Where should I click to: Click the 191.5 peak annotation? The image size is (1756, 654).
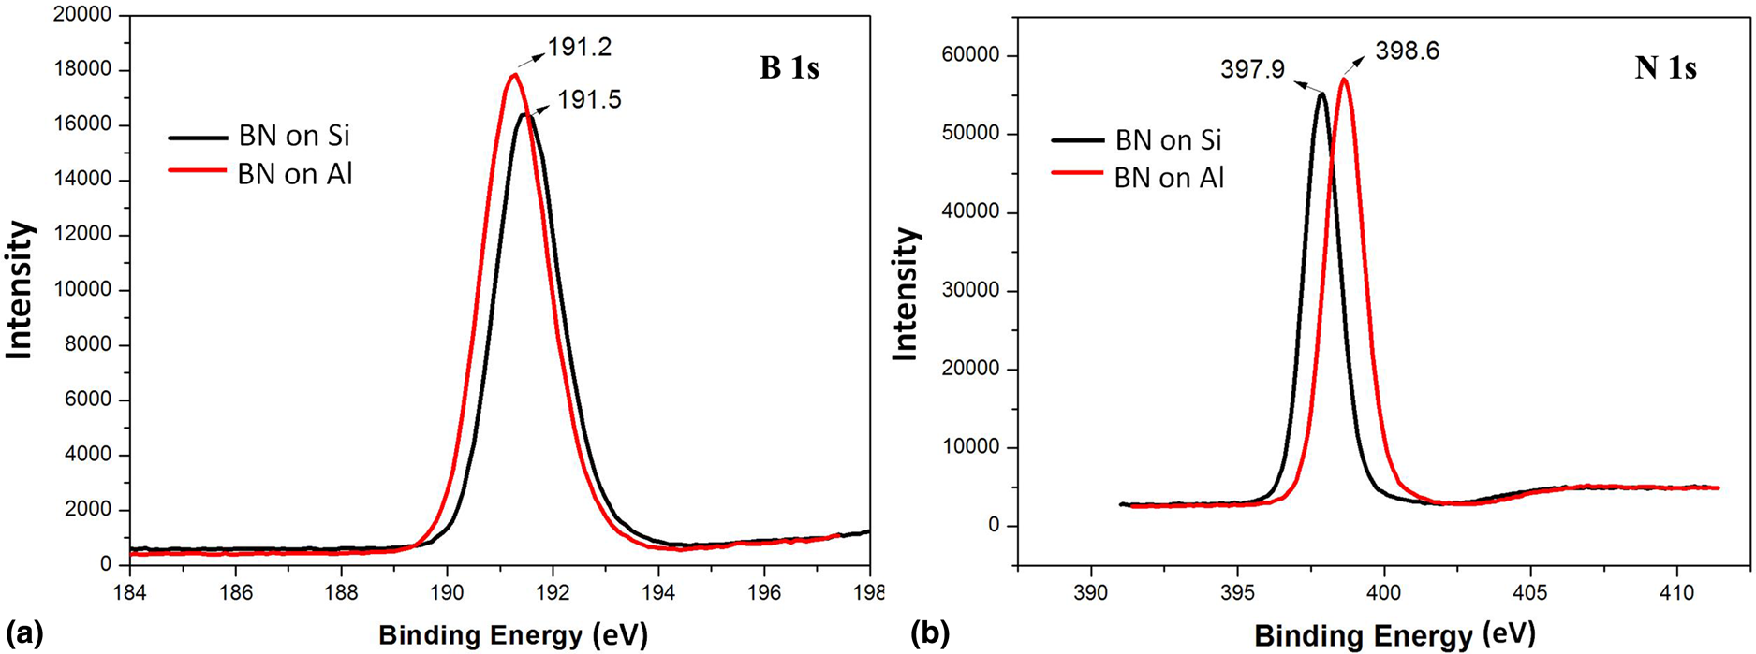[589, 99]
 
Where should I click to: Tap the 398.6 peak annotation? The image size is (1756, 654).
[1407, 51]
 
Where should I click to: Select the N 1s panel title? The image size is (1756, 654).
[1665, 68]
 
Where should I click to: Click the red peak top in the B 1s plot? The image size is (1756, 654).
[514, 76]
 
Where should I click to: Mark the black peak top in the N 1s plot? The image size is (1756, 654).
[1321, 94]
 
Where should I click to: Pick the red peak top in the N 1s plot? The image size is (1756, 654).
[1344, 80]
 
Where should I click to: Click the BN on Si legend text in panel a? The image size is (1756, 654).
[294, 136]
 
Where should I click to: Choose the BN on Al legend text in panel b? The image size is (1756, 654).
[1169, 178]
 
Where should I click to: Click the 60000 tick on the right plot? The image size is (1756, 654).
[970, 55]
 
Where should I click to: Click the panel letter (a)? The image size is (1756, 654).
[24, 634]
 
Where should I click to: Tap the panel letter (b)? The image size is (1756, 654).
[930, 634]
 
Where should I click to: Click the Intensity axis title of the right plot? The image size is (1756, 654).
[905, 294]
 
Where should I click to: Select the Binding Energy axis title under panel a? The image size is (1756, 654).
[512, 635]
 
